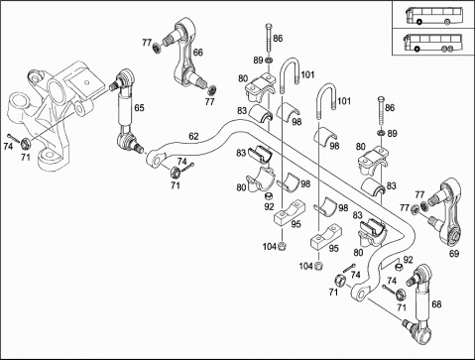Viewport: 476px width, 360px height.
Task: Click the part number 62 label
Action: (x=193, y=136)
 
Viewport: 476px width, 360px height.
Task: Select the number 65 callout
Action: (x=139, y=108)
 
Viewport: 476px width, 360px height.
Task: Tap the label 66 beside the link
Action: (x=198, y=53)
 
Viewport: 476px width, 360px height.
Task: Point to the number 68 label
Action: (x=436, y=303)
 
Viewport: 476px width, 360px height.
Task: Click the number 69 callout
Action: (x=454, y=254)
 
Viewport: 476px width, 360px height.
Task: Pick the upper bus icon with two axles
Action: (x=434, y=16)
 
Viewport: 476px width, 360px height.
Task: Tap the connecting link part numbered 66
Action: (x=190, y=58)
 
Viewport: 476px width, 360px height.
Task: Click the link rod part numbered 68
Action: (x=419, y=303)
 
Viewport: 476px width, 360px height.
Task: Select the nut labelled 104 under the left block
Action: (x=282, y=246)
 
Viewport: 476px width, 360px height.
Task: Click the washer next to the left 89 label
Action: (x=269, y=60)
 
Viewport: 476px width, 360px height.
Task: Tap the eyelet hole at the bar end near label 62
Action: (x=157, y=161)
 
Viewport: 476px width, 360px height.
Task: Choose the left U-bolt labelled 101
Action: (x=290, y=75)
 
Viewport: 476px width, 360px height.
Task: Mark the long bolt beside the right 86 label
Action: (x=381, y=111)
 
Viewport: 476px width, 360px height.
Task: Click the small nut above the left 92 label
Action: (x=269, y=196)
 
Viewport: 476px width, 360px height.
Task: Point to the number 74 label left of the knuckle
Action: (x=8, y=146)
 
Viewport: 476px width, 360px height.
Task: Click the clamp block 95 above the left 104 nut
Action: (x=290, y=213)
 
